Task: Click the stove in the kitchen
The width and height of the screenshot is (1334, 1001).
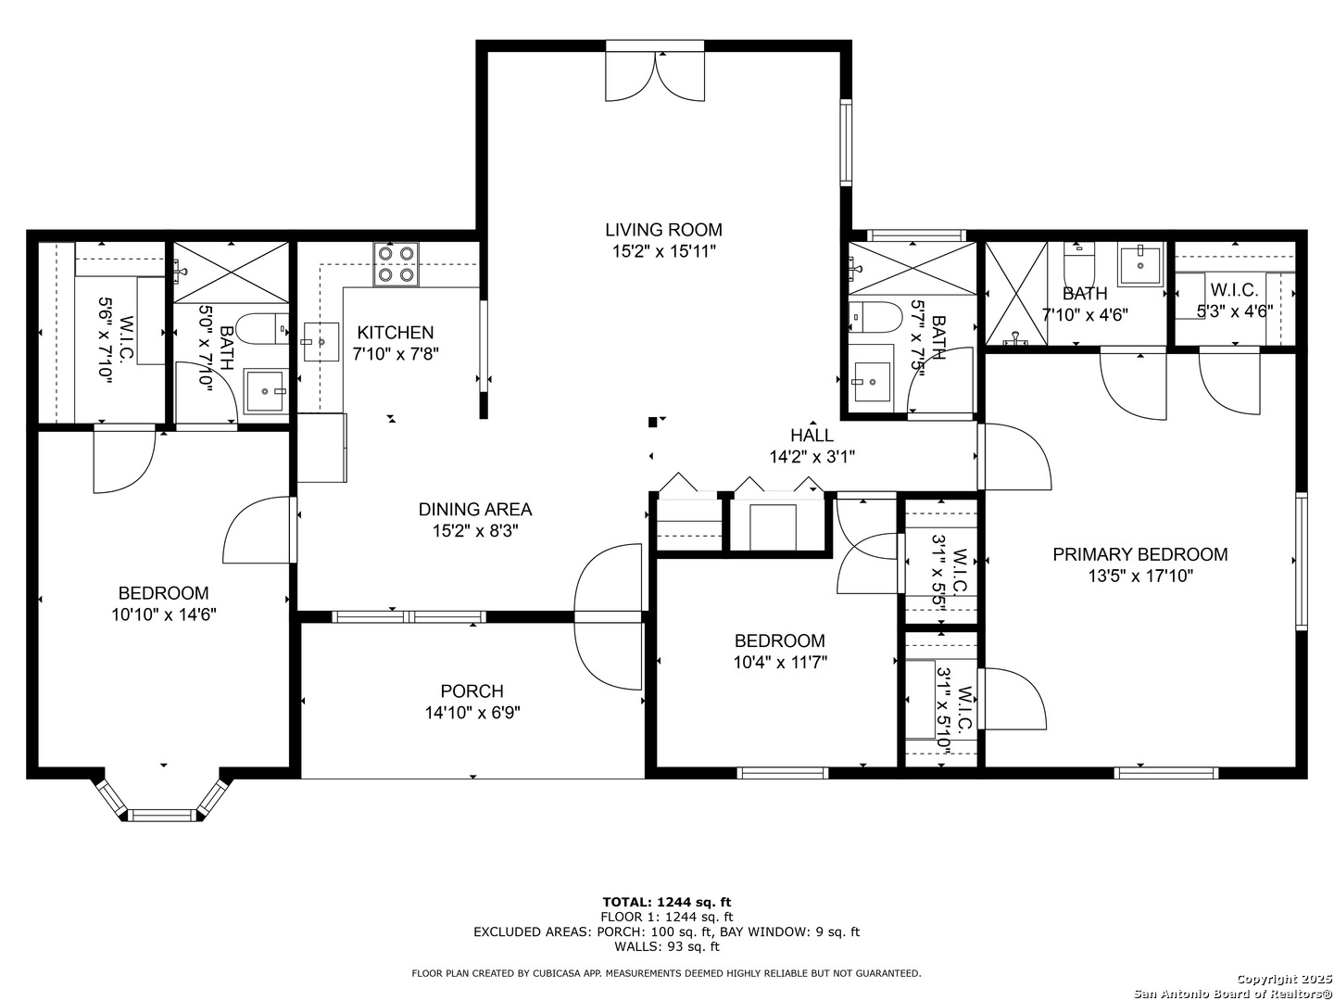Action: click(x=396, y=264)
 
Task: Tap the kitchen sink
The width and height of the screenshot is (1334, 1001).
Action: click(x=321, y=342)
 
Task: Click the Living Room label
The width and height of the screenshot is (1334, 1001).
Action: click(x=663, y=230)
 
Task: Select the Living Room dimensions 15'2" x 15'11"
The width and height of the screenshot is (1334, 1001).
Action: click(x=663, y=251)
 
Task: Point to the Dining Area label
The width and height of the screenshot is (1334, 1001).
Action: click(x=474, y=510)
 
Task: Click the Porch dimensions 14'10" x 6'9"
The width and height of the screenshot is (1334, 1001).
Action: click(x=472, y=713)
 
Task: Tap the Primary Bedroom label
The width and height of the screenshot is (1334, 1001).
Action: click(x=1140, y=554)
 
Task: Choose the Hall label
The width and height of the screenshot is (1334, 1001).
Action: click(x=812, y=436)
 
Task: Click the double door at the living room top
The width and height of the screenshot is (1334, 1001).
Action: click(x=655, y=76)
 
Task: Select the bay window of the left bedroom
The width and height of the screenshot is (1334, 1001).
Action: click(x=163, y=802)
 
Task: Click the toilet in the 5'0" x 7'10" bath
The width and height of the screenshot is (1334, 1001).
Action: click(x=262, y=328)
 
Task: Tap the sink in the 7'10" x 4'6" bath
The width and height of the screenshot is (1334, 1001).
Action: click(x=1140, y=264)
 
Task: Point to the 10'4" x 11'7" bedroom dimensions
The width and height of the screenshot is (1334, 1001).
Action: click(x=780, y=662)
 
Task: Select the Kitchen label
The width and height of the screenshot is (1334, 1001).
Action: click(x=395, y=333)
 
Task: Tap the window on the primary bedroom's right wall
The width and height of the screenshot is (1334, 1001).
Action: click(x=1301, y=561)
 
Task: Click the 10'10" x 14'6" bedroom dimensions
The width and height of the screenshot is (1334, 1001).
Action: click(x=163, y=615)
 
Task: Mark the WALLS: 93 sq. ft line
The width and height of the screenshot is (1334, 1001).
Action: click(x=667, y=946)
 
